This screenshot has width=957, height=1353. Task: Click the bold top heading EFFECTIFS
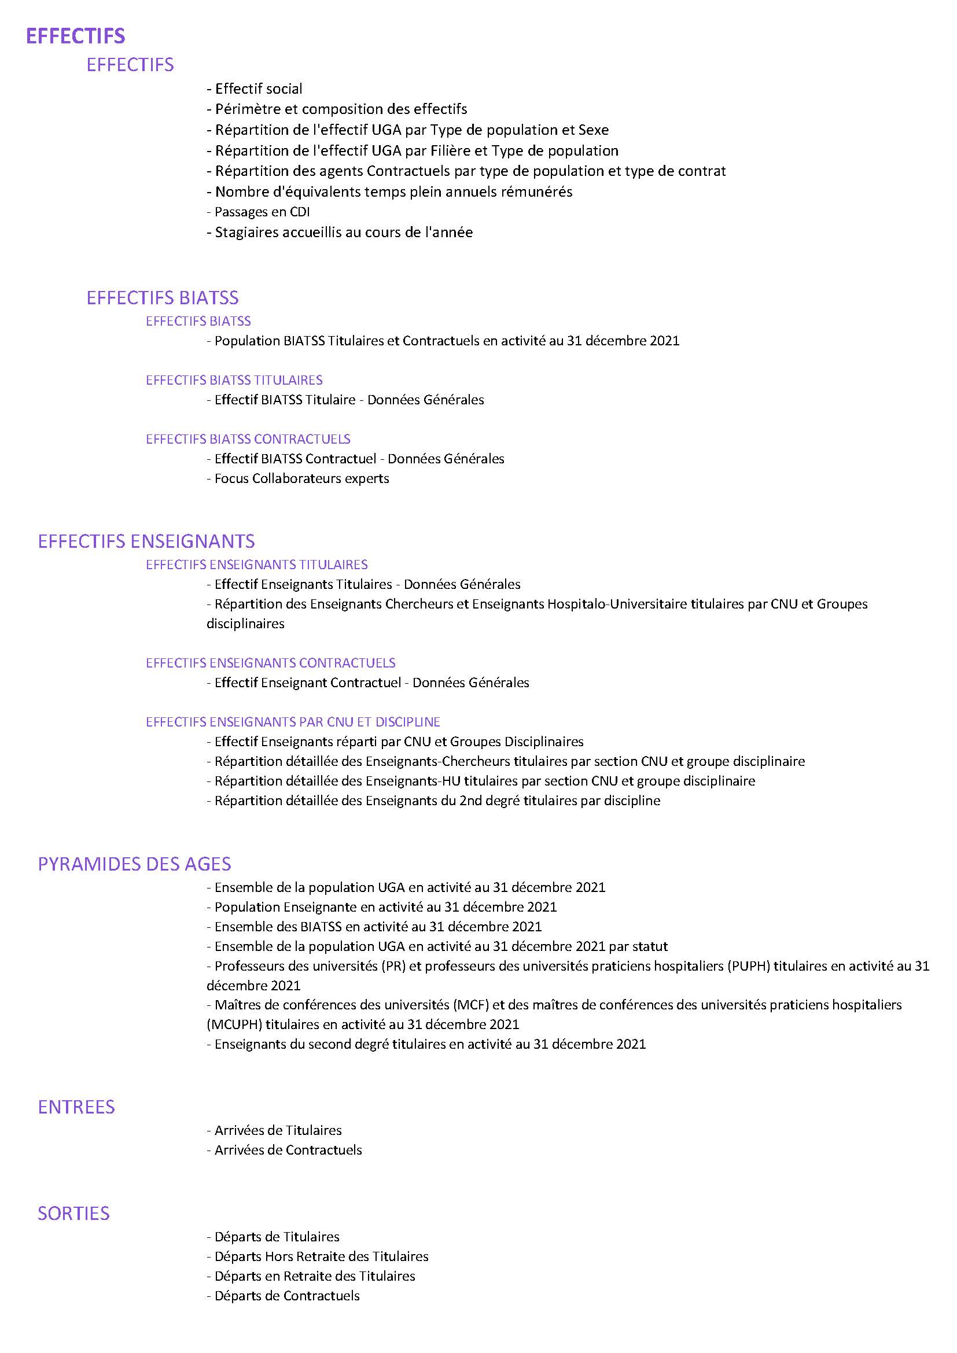75,36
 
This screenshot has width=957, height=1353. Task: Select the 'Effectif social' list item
255,89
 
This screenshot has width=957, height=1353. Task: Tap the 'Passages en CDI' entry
258,212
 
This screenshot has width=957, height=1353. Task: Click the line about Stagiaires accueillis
340,232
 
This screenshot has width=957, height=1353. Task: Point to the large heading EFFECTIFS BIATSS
162,297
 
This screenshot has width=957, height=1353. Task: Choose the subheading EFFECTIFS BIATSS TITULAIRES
234,380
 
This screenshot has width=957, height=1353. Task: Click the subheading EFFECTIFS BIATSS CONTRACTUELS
248,439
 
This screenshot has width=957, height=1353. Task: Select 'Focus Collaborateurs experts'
297,478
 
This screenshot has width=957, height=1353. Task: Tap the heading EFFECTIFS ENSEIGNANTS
146,541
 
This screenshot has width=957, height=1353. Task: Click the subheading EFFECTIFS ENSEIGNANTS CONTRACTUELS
270,663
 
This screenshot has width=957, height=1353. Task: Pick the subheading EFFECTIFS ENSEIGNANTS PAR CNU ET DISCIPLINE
293,722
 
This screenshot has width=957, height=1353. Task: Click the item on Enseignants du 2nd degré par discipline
433,801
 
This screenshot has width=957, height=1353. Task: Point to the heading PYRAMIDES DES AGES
134,864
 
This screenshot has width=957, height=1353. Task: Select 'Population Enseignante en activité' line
381,907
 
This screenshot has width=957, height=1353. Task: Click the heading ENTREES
76,1107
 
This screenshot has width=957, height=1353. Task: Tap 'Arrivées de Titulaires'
274,1130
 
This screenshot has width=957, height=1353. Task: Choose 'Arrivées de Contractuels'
284,1150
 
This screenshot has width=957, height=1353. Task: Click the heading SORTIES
73,1213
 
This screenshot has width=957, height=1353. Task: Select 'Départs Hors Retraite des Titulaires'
317,1256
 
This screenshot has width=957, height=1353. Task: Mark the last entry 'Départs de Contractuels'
283,1295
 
